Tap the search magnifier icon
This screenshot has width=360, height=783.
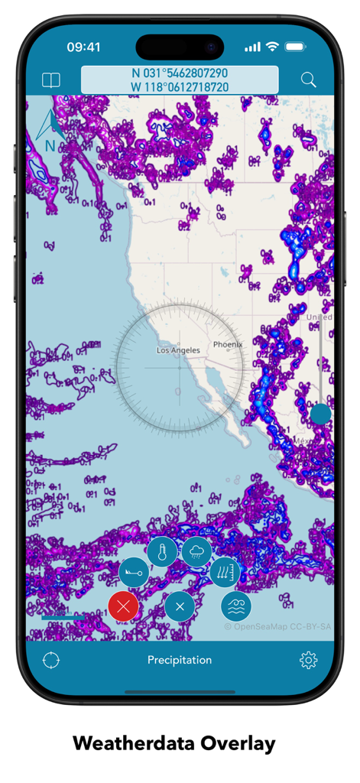point(308,80)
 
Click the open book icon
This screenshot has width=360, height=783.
point(50,80)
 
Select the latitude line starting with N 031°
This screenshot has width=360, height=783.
point(180,73)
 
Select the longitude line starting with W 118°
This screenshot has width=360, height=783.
point(180,87)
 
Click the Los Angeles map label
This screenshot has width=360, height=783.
point(178,350)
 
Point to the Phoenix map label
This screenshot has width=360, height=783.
point(228,345)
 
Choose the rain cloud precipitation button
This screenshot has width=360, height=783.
point(196,552)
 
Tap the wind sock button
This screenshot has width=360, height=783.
point(135,572)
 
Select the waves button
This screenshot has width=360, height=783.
point(236,606)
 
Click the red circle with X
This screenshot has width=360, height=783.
point(123,606)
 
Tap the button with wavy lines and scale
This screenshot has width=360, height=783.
point(225,572)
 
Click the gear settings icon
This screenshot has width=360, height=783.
point(308,660)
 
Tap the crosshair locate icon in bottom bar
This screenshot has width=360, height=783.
point(51,660)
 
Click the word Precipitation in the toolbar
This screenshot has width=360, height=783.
point(180,660)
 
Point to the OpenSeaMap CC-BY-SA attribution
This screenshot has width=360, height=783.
point(278,626)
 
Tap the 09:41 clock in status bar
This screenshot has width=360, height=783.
point(83,47)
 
